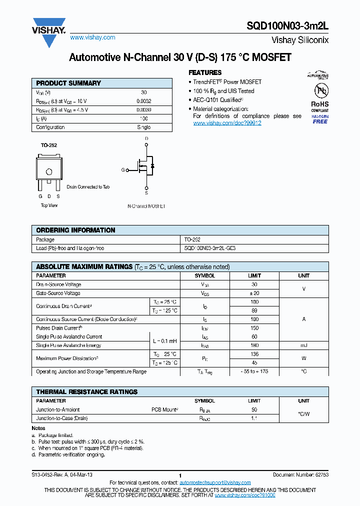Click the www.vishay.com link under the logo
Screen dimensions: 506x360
92,37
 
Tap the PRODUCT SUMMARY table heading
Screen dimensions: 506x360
68,83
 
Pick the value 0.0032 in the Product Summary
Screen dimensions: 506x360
143,101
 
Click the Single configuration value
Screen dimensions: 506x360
143,127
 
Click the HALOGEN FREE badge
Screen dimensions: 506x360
320,119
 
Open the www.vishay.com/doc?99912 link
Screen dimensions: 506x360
227,123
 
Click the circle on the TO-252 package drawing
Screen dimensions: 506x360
49,172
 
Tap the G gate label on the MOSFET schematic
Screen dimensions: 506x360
123,170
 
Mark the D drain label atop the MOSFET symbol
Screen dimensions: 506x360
146,138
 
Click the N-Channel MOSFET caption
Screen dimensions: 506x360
146,206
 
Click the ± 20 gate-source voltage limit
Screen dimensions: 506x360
254,293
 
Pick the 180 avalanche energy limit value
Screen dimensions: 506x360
254,345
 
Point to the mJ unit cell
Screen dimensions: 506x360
303,345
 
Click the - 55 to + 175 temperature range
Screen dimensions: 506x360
254,372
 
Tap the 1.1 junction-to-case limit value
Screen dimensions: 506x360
254,418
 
